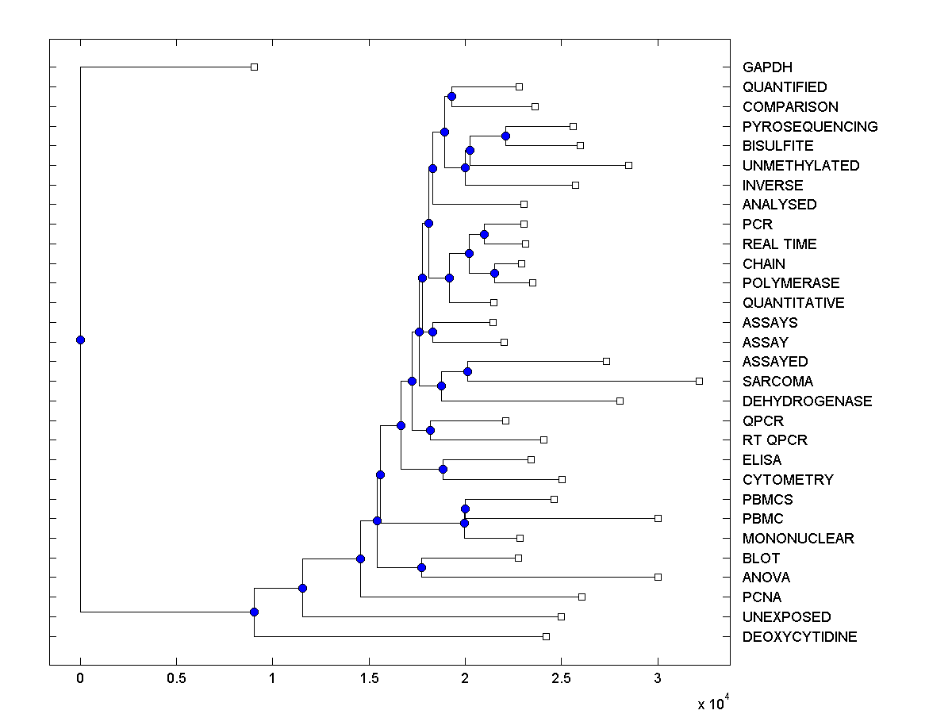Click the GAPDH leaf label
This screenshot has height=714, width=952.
click(767, 67)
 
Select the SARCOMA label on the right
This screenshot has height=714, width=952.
click(777, 382)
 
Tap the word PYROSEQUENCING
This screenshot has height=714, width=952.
click(810, 127)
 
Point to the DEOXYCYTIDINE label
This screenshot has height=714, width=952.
click(800, 637)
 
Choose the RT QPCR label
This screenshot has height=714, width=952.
click(775, 440)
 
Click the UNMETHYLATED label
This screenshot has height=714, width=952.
click(800, 166)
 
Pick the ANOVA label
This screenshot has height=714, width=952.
click(766, 578)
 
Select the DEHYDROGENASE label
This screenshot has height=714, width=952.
click(807, 401)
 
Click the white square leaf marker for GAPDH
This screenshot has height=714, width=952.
click(254, 67)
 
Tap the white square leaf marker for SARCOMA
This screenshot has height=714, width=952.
click(699, 381)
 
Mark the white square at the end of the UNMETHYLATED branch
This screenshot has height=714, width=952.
click(628, 165)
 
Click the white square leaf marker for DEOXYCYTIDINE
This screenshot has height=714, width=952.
click(546, 636)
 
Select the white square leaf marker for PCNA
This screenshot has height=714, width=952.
click(582, 597)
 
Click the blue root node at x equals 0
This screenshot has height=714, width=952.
click(80, 340)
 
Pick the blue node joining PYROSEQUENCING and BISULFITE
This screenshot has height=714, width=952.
click(505, 136)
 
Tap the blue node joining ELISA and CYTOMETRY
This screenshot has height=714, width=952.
click(443, 469)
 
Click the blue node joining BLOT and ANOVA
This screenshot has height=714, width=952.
click(421, 567)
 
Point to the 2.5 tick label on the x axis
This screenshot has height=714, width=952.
click(561, 679)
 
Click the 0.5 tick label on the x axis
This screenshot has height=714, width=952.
click(176, 679)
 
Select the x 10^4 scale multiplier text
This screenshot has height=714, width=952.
click(712, 704)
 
